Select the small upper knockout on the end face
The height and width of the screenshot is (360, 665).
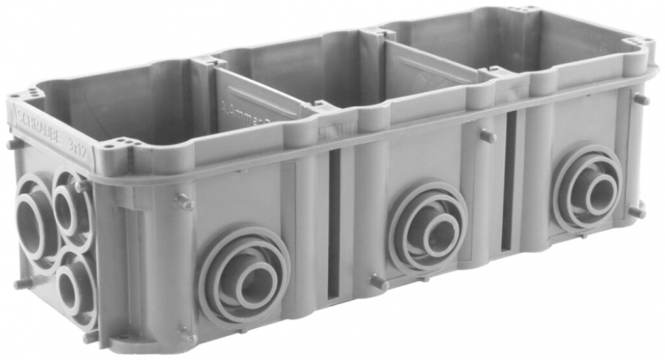coord(71,203)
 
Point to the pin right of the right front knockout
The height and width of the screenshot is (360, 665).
coord(638,210)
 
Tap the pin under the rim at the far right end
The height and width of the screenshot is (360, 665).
coord(641,99)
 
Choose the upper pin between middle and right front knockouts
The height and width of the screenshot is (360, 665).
coord(487,137)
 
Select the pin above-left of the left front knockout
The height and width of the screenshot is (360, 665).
coord(184,202)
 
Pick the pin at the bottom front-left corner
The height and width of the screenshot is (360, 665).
coord(187,336)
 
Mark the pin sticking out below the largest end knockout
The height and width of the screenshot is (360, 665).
coord(20,285)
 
